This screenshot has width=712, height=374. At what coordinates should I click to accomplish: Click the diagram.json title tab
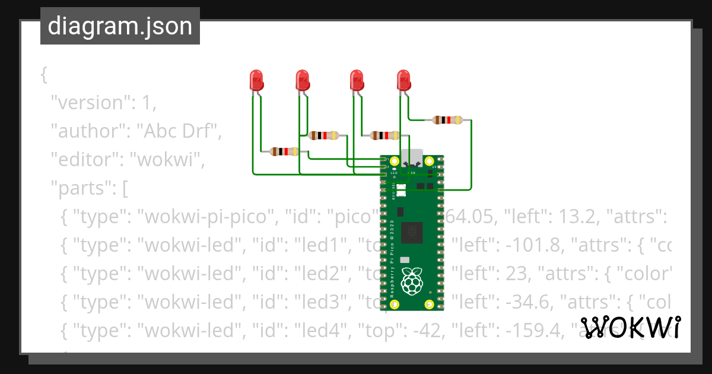pos(120,26)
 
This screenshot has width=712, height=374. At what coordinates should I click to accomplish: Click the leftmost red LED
pos(256,80)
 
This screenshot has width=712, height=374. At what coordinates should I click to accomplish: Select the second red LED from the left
pos(302,80)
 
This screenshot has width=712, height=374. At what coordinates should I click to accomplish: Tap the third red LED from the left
pos(357,80)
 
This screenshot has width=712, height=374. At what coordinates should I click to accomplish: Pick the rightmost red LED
pos(403,80)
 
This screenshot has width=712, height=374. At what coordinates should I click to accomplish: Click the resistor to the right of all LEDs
pos(447,120)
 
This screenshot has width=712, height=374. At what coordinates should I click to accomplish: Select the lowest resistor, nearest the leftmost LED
pos(284,151)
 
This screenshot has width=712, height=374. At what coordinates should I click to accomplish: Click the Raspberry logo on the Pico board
pos(411,280)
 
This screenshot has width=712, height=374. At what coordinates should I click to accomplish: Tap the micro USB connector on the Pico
pos(412,158)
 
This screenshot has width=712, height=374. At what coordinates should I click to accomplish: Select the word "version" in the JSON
pos(89,103)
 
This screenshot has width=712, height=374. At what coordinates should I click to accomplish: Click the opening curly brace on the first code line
pos(43,75)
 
